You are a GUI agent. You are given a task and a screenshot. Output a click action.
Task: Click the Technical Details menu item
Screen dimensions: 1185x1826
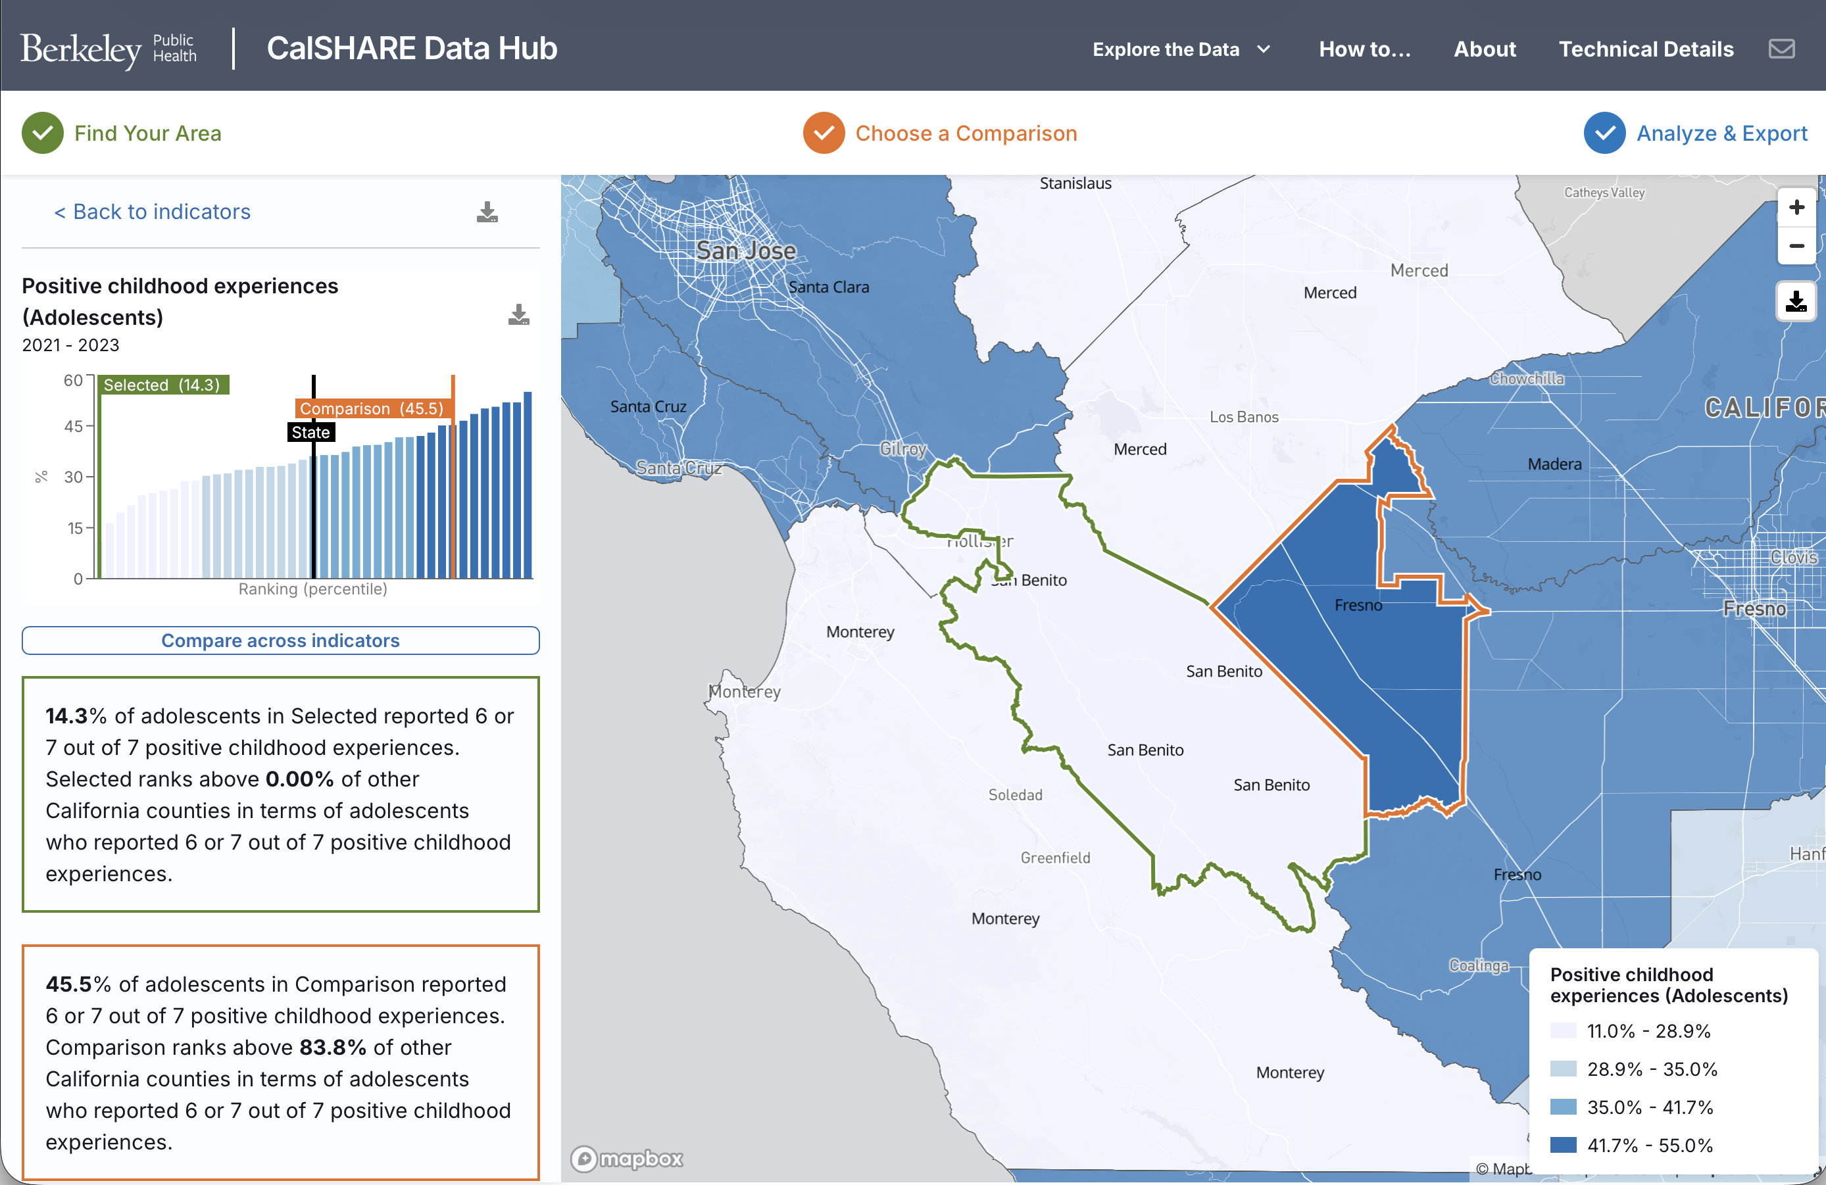coord(1646,49)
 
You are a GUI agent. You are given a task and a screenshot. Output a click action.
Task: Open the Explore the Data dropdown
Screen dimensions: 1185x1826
coord(1181,49)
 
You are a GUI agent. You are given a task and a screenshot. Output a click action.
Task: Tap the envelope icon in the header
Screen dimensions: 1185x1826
coord(1781,49)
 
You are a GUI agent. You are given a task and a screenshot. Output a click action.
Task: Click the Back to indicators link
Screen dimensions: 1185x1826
coord(153,212)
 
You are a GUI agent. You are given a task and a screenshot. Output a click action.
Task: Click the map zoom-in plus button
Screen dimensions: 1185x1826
coord(1796,207)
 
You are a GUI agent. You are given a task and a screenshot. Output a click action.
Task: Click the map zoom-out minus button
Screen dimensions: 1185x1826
coord(1796,246)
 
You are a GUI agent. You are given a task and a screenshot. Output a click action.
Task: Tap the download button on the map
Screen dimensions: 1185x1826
coord(1796,301)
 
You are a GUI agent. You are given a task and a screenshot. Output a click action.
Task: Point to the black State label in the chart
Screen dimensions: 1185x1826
coord(310,433)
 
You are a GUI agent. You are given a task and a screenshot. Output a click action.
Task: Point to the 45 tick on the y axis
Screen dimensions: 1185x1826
coord(74,426)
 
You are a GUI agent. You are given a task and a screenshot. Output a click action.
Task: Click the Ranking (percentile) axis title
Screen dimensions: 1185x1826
coord(312,589)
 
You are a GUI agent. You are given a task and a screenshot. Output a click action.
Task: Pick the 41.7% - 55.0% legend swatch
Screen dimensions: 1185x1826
coord(1563,1145)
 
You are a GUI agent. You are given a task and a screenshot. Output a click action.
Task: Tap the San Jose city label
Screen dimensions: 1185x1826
coord(746,251)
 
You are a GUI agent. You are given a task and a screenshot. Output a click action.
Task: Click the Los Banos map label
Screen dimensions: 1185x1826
coord(1244,417)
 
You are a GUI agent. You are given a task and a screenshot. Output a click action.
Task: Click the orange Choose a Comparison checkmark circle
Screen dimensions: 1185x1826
coord(824,133)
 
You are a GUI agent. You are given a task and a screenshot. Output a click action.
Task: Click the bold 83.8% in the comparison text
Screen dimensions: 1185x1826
coord(333,1048)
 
